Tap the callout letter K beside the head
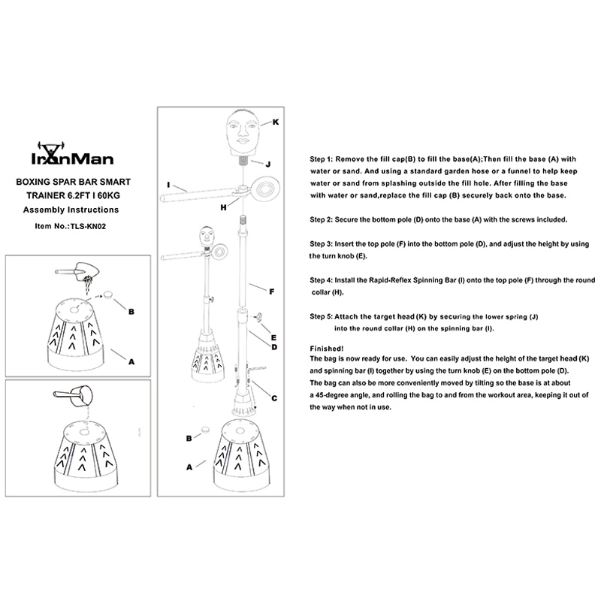[x=275, y=122]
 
